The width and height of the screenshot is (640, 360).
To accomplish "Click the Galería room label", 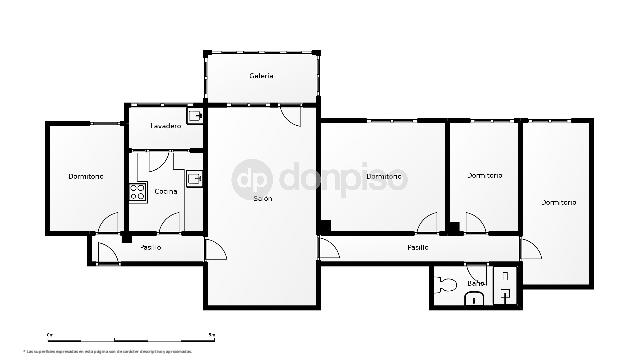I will [262, 76].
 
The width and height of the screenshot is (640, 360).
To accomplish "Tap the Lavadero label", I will [165, 126].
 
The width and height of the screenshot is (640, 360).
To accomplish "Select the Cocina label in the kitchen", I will [166, 190].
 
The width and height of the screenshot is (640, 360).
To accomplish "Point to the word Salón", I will [263, 199].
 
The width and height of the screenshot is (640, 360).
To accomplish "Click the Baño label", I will [475, 284].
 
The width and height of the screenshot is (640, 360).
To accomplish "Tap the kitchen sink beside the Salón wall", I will [195, 180].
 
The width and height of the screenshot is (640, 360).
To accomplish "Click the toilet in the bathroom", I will [446, 282].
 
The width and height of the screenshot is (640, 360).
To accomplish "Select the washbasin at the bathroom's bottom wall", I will [477, 296].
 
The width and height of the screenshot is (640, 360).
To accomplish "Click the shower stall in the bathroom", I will [507, 285].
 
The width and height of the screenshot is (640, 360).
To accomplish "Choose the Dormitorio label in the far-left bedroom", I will [86, 176].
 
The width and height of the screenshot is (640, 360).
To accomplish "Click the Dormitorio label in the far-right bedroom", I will [559, 202].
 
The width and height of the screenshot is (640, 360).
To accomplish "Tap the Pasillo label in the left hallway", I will [151, 247].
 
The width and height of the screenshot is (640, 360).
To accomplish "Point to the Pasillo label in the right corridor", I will [418, 246].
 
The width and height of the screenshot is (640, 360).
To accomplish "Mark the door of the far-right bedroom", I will [531, 248].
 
